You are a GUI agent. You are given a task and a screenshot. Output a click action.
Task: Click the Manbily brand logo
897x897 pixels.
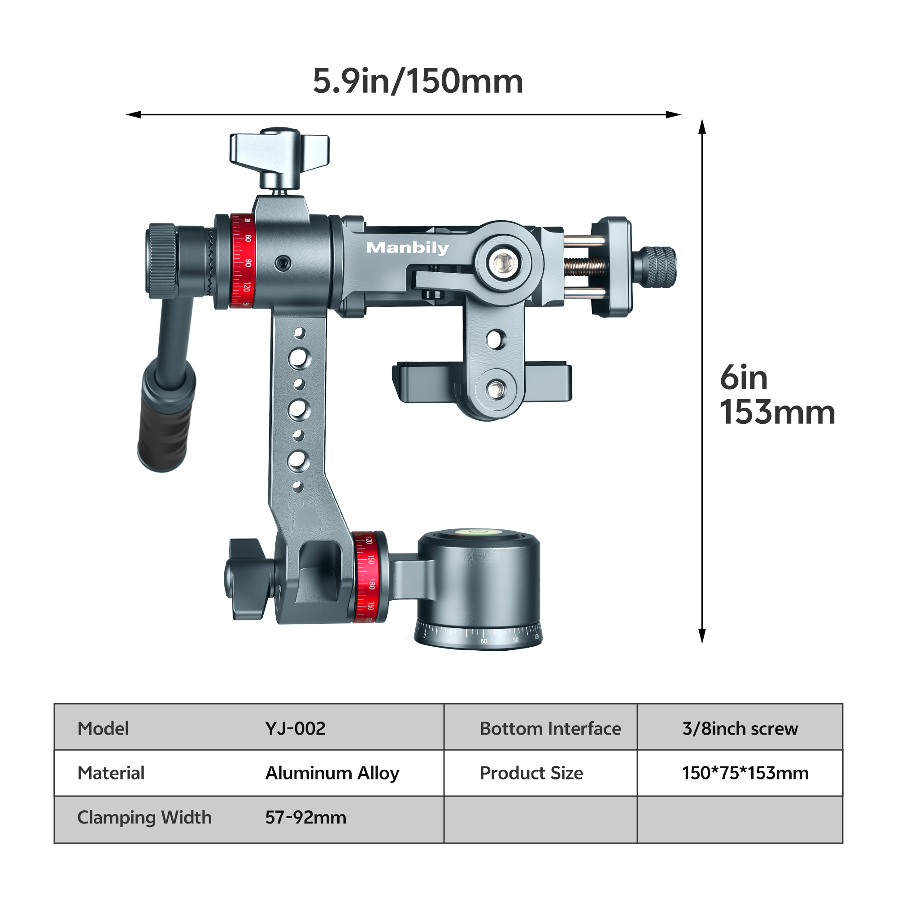point(407,248)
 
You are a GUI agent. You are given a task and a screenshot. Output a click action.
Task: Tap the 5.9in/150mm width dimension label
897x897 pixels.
point(418,81)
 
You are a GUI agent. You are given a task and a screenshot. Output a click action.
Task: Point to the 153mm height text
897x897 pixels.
point(777,412)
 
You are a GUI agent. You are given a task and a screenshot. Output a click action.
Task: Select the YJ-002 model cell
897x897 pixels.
point(295,728)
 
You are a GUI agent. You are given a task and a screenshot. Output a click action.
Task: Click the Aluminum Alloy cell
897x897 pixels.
point(332,773)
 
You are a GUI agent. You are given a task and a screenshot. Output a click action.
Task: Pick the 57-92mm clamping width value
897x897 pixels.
point(305,817)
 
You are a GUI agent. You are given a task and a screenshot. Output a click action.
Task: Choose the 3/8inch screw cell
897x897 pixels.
point(740,728)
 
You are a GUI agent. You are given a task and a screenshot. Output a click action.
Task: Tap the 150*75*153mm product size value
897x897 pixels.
point(745,773)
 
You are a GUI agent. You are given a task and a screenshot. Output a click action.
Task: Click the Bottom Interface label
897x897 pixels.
point(550,728)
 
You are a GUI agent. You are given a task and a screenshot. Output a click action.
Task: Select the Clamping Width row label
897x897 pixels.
point(144,817)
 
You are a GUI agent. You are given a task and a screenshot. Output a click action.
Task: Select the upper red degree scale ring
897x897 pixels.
point(242,261)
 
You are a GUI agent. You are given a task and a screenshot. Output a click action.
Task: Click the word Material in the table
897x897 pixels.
point(111,773)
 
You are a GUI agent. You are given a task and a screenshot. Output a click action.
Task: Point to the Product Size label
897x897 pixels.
point(531,773)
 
